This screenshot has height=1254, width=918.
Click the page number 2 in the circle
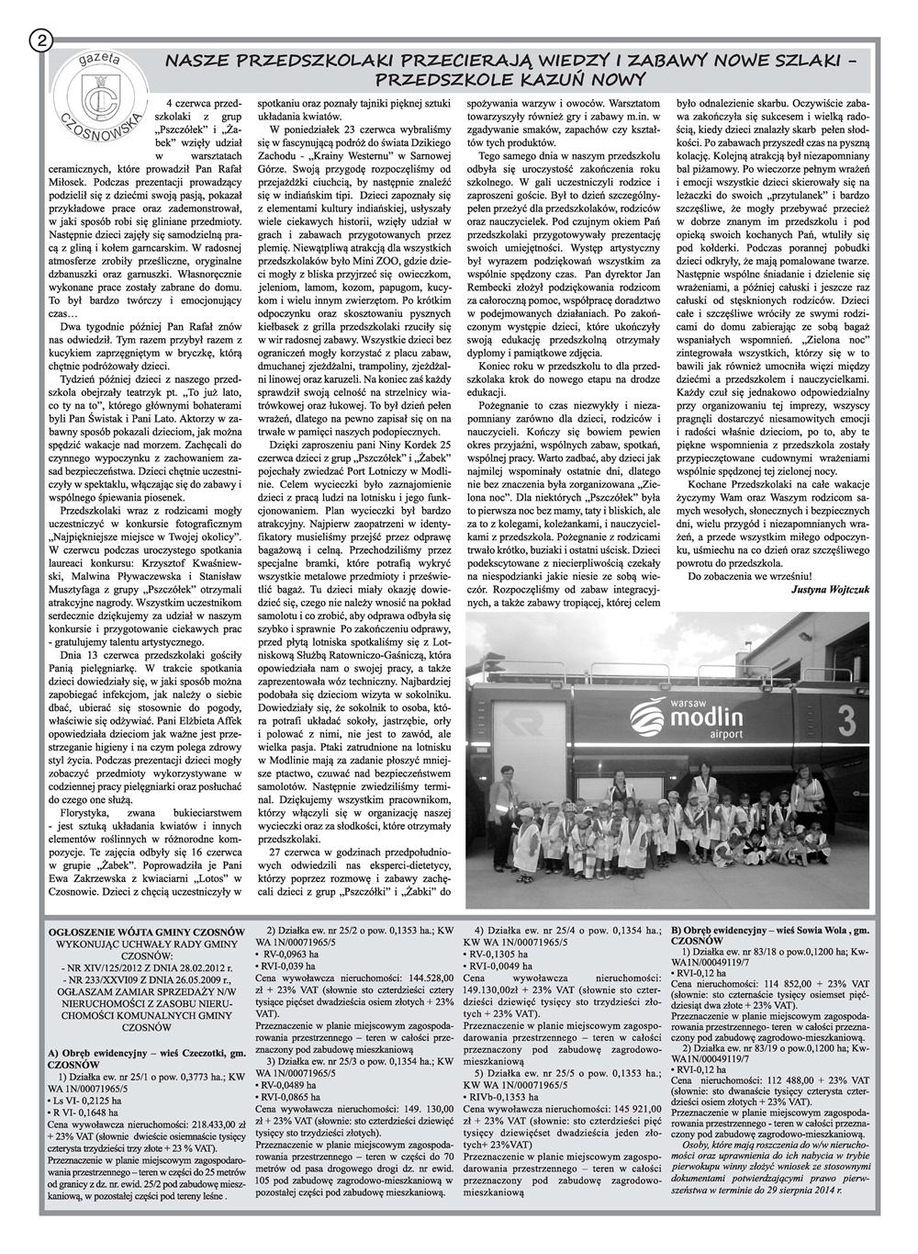point(41,40)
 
